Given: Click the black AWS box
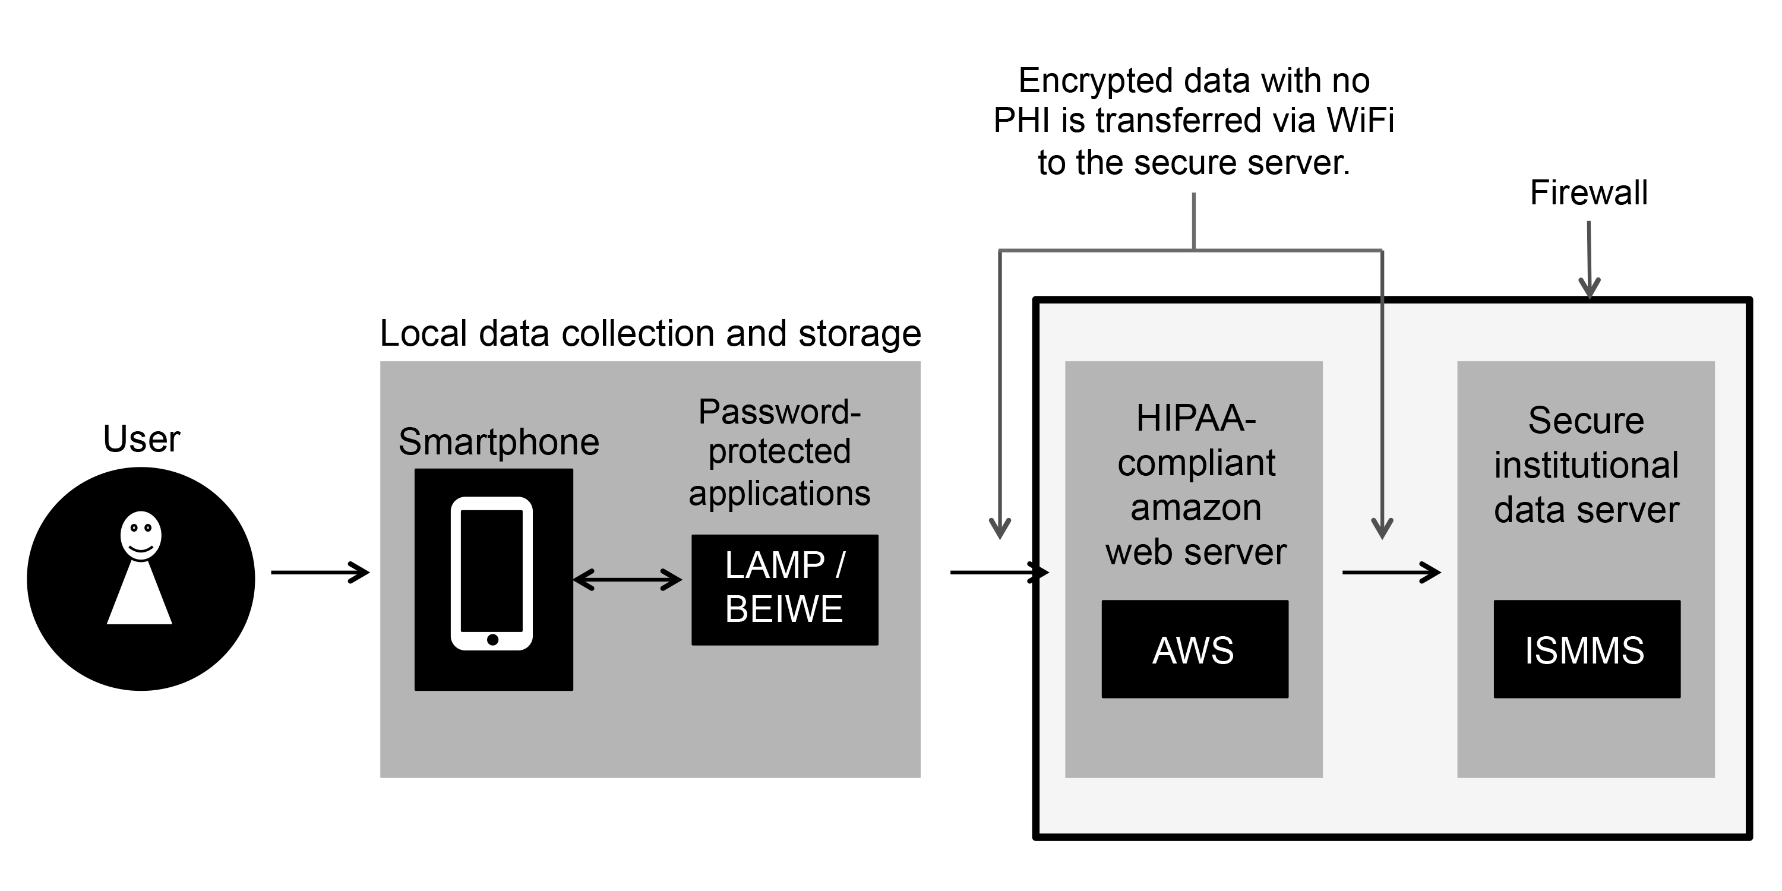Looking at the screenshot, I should (1194, 649).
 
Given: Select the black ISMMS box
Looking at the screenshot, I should (1586, 649).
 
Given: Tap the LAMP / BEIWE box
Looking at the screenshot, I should (785, 589).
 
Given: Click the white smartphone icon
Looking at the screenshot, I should (491, 573).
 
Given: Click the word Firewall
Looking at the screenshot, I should (1588, 192).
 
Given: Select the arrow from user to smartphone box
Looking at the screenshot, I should (320, 572).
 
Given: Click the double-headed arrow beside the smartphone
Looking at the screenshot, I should (627, 579).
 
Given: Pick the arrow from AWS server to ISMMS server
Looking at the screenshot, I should (1391, 572).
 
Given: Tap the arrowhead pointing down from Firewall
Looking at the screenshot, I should (1589, 286).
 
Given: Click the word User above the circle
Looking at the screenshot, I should (141, 438).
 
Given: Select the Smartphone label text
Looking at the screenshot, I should (498, 441).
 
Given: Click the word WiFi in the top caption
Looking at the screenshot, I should (1359, 121).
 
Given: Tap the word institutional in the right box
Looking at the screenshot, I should (1585, 465).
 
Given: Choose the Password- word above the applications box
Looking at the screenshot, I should (779, 412).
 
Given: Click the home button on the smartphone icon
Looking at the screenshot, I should (492, 639).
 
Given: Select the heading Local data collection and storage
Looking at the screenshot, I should (650, 333).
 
